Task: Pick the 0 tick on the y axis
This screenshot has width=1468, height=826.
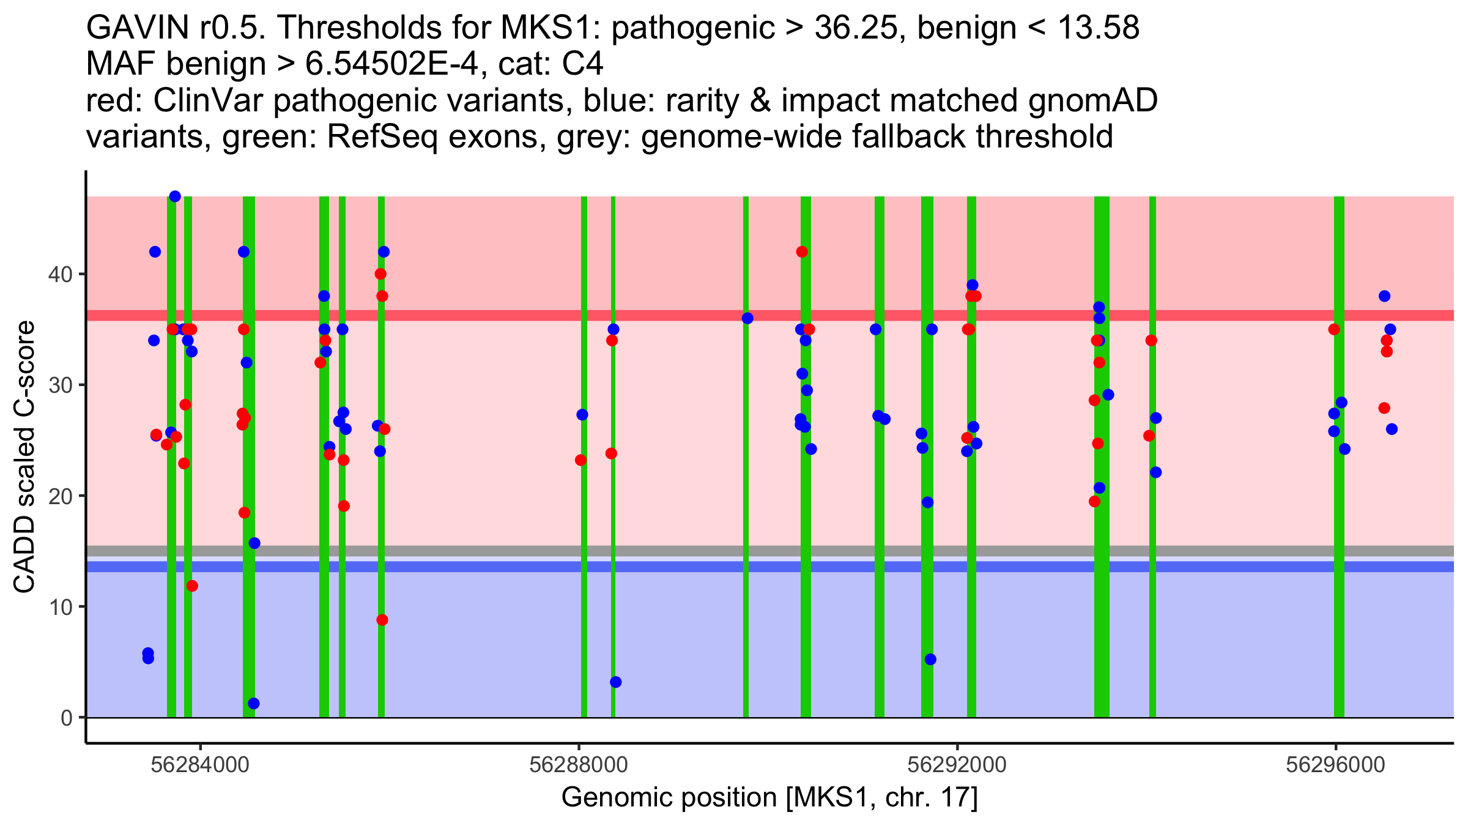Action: [66, 718]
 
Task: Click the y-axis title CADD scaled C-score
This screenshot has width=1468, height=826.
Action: [24, 457]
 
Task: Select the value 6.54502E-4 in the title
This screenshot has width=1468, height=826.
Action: [391, 64]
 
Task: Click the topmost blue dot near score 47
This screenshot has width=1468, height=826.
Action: [175, 196]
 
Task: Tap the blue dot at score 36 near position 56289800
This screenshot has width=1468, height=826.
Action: [747, 318]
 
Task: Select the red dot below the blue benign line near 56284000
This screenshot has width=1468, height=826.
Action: [192, 586]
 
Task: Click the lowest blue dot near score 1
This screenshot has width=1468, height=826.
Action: [254, 704]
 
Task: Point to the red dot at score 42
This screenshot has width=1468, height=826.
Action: [802, 251]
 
